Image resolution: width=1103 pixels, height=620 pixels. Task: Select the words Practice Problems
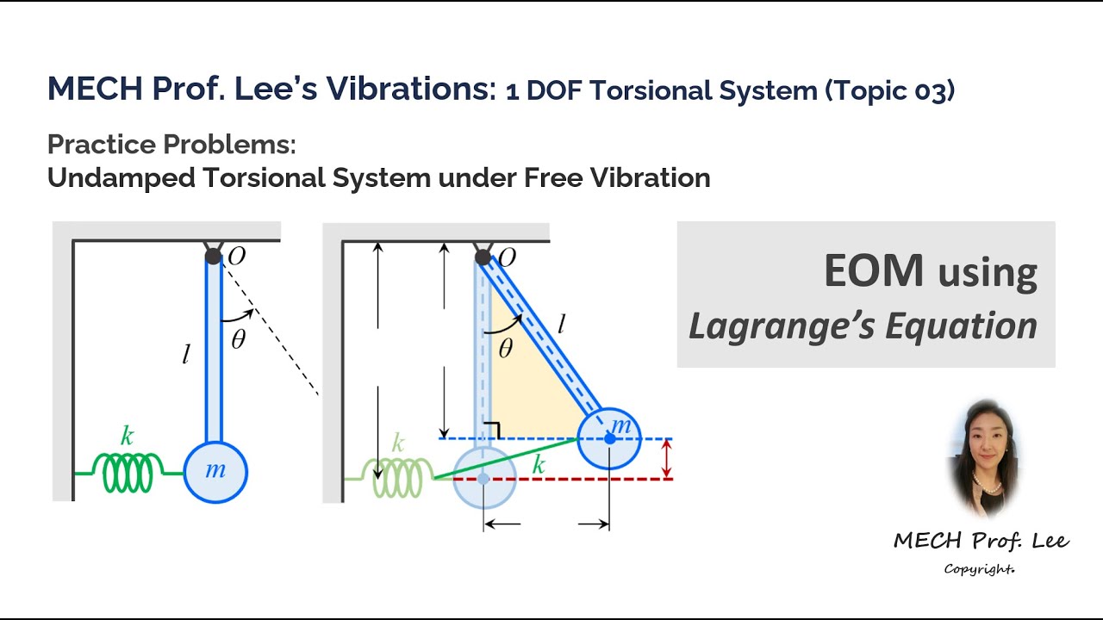tap(171, 145)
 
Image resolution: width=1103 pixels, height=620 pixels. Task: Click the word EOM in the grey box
tap(874, 271)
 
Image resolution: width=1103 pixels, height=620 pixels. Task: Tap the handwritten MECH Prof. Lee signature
tap(981, 541)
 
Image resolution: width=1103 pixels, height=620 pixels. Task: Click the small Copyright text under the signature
tap(979, 569)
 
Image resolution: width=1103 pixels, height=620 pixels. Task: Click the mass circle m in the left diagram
tap(215, 472)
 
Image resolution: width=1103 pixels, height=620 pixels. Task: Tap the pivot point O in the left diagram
tap(213, 256)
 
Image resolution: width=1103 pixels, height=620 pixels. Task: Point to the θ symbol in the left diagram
tap(238, 339)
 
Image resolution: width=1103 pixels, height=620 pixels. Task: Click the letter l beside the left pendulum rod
tap(185, 354)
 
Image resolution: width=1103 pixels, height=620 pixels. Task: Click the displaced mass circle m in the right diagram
tap(609, 438)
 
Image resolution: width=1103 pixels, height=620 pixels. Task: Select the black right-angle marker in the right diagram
tap(494, 430)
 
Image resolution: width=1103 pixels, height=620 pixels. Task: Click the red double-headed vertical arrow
tap(666, 459)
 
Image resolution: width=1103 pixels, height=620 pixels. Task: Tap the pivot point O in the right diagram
tap(483, 257)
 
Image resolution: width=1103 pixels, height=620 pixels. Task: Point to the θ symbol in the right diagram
tap(506, 348)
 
